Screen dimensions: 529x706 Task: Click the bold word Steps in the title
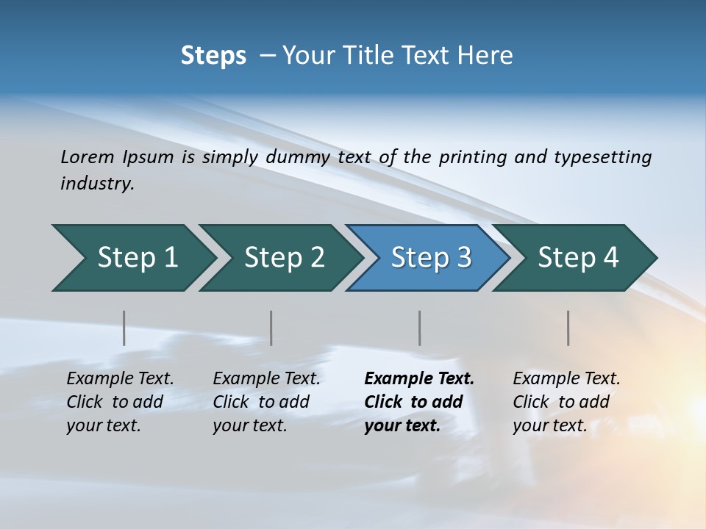point(213,56)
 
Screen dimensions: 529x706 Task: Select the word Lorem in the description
point(88,156)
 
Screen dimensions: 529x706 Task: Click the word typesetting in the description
point(602,156)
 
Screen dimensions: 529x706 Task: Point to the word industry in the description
point(96,184)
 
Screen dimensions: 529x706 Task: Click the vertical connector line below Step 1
point(124,328)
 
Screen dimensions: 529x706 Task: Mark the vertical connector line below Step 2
point(271,328)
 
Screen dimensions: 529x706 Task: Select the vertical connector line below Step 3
point(420,328)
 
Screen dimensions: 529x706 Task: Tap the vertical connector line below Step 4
point(568,328)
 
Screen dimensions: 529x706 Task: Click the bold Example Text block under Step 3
point(418,402)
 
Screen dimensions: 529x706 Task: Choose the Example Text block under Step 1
point(120,402)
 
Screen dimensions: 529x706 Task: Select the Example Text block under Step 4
point(566,402)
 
